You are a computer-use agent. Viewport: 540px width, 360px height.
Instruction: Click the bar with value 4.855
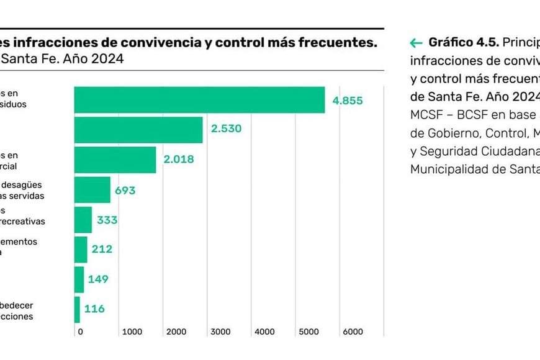coord(199,100)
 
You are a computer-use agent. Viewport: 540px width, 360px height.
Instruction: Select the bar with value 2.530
coord(138,130)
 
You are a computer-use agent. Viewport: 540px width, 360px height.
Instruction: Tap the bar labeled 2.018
coord(115,160)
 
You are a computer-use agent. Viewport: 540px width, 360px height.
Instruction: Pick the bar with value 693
coord(92,190)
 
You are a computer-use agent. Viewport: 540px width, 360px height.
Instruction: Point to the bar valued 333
coord(83,220)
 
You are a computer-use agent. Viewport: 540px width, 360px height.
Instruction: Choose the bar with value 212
coord(81,250)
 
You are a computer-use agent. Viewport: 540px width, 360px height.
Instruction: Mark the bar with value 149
coord(79,279)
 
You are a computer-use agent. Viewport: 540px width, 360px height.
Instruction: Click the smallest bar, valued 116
coord(77,309)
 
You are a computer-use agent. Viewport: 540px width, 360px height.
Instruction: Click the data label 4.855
coord(348,101)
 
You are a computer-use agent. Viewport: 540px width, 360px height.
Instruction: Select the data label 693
coord(125,191)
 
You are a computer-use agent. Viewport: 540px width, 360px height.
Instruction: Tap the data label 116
coord(94,309)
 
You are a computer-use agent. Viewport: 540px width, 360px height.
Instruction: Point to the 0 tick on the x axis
coord(80,332)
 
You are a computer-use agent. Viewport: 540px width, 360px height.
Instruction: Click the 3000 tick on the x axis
coord(220,332)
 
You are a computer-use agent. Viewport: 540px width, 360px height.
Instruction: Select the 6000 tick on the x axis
coord(353,332)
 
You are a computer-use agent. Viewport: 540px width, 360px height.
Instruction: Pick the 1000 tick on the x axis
coord(132,332)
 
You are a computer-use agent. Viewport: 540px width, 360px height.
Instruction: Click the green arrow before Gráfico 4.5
coord(416,43)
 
